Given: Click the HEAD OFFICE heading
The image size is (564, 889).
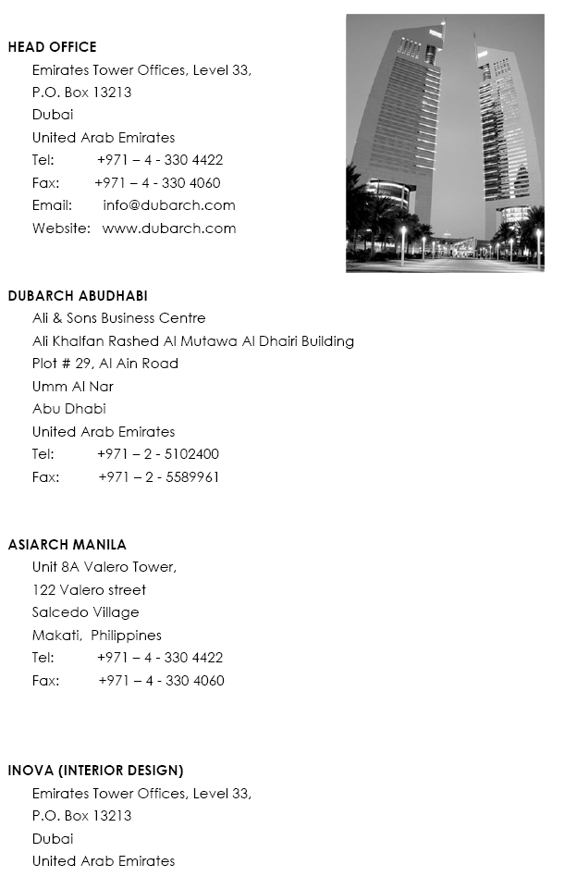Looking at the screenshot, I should [x=52, y=47].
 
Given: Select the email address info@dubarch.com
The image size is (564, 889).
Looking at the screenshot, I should [x=169, y=205].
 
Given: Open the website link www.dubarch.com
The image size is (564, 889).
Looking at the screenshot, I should [x=169, y=228].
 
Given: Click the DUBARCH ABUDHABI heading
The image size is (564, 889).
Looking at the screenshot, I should [x=78, y=296].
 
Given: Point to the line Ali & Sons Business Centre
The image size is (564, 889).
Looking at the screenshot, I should [x=118, y=318].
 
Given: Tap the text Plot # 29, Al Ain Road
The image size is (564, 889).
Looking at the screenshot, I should [x=104, y=364].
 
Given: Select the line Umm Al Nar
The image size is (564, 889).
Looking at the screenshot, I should [x=72, y=387].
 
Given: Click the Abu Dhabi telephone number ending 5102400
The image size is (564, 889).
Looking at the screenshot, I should [x=158, y=454].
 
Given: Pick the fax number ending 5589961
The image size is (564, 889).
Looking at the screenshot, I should [x=159, y=477].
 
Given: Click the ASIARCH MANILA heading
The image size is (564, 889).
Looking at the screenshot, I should [x=67, y=545].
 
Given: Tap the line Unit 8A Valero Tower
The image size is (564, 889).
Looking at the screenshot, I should [x=104, y=567].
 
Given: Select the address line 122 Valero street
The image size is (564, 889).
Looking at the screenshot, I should [x=89, y=590].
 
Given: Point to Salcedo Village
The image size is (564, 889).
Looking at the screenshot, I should [x=85, y=612].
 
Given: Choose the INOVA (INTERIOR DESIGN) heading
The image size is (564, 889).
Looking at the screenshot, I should [x=95, y=771].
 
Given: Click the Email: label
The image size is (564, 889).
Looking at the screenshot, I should [x=52, y=205].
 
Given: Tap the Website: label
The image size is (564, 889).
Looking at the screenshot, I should [x=61, y=228].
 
